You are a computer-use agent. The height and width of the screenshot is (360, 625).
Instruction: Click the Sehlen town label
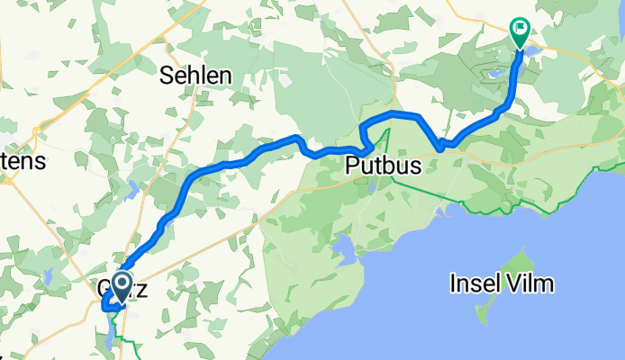[195, 76]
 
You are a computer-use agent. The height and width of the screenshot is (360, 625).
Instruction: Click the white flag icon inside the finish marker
[521, 30]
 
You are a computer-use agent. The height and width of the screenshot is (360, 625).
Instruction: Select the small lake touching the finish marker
[531, 52]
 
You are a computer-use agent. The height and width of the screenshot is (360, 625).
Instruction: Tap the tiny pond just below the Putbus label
[373, 186]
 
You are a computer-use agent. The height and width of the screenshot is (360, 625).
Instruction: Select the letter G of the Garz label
[102, 292]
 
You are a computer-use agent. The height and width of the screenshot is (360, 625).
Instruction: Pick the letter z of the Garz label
[140, 292]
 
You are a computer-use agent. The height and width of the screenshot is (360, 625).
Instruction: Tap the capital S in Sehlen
[167, 76]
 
